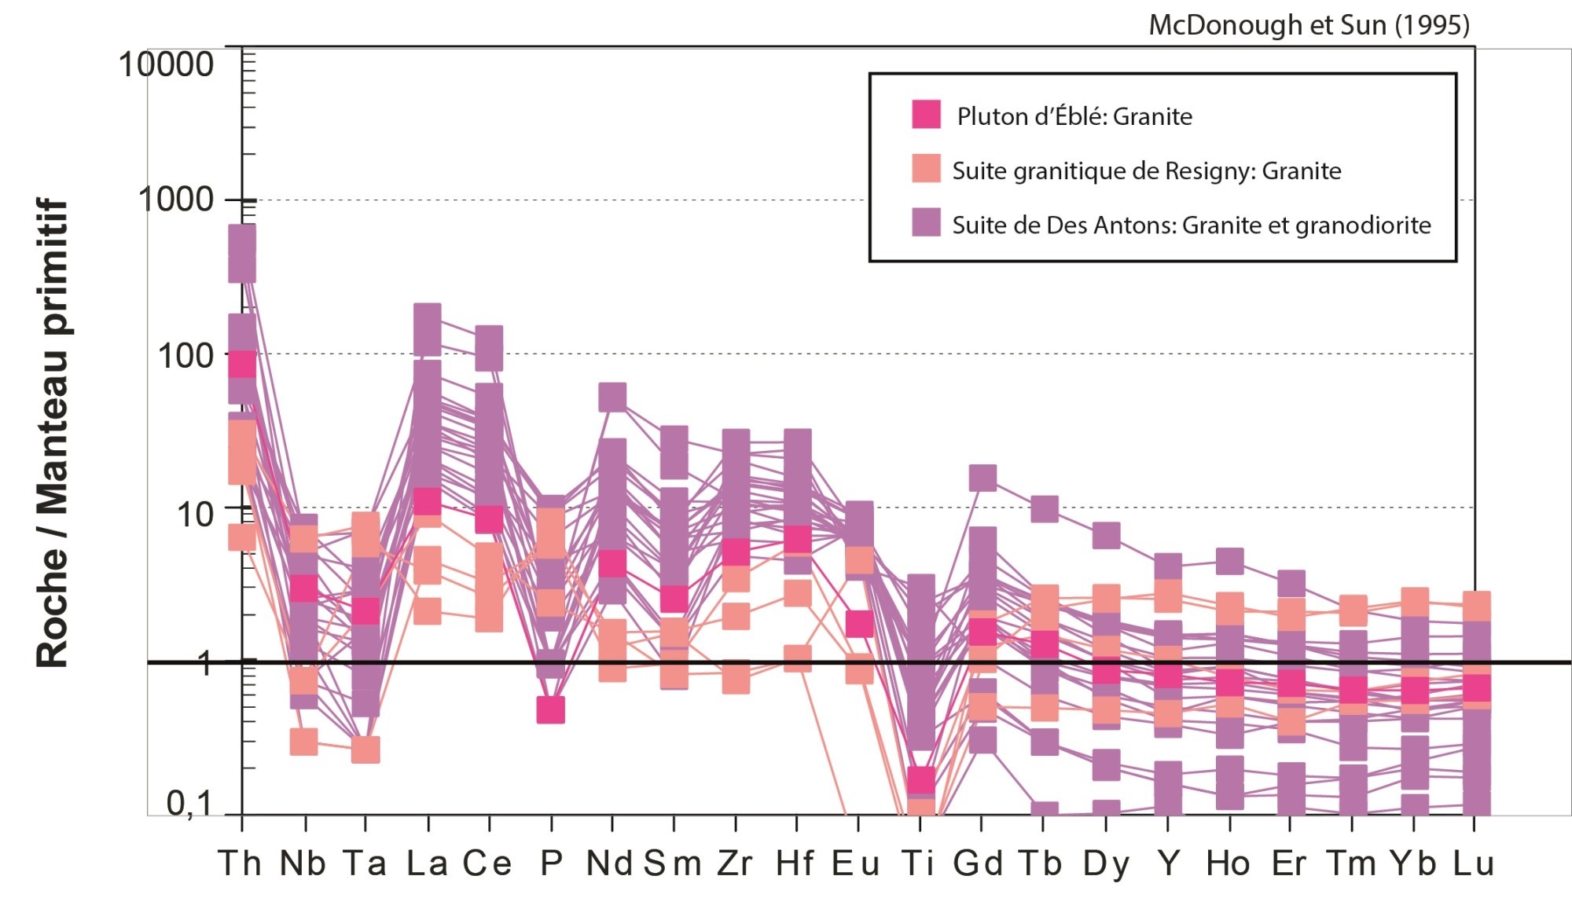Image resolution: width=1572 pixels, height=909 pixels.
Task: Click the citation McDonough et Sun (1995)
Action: pyautogui.click(x=1309, y=25)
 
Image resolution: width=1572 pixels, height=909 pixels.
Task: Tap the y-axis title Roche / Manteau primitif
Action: pyautogui.click(x=53, y=432)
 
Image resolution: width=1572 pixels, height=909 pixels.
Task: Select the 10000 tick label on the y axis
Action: pyautogui.click(x=166, y=64)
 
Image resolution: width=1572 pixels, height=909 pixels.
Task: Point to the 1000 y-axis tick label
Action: pyautogui.click(x=176, y=200)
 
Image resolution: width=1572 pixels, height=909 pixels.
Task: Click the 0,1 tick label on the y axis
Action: pyautogui.click(x=189, y=803)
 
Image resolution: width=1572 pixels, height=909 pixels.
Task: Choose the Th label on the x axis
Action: pyautogui.click(x=240, y=863)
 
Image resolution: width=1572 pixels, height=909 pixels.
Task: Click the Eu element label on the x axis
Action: pyautogui.click(x=856, y=863)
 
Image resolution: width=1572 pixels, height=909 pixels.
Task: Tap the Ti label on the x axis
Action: pyautogui.click(x=918, y=863)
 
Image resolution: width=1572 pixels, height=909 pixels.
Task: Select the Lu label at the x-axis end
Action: pyautogui.click(x=1473, y=863)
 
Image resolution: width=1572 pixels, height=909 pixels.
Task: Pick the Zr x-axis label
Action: pyautogui.click(x=735, y=863)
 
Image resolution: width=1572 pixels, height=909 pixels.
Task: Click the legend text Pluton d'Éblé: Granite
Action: pyautogui.click(x=1074, y=116)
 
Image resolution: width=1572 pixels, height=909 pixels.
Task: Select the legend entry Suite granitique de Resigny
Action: pyautogui.click(x=1146, y=170)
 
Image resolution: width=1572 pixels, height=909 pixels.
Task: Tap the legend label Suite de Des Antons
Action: pyautogui.click(x=1191, y=225)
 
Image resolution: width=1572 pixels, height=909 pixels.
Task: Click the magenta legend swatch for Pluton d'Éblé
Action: pyautogui.click(x=926, y=114)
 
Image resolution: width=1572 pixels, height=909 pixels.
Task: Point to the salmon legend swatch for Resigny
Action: pyautogui.click(x=926, y=168)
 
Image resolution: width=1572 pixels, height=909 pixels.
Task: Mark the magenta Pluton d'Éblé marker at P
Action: pyautogui.click(x=551, y=709)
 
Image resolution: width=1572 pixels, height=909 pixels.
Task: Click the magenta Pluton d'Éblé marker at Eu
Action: pyautogui.click(x=859, y=624)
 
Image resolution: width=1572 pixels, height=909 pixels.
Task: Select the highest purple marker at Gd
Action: pyautogui.click(x=982, y=478)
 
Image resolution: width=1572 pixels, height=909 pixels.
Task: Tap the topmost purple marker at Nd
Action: pyautogui.click(x=612, y=398)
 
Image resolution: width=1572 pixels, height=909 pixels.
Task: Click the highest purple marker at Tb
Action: pyautogui.click(x=1044, y=509)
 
